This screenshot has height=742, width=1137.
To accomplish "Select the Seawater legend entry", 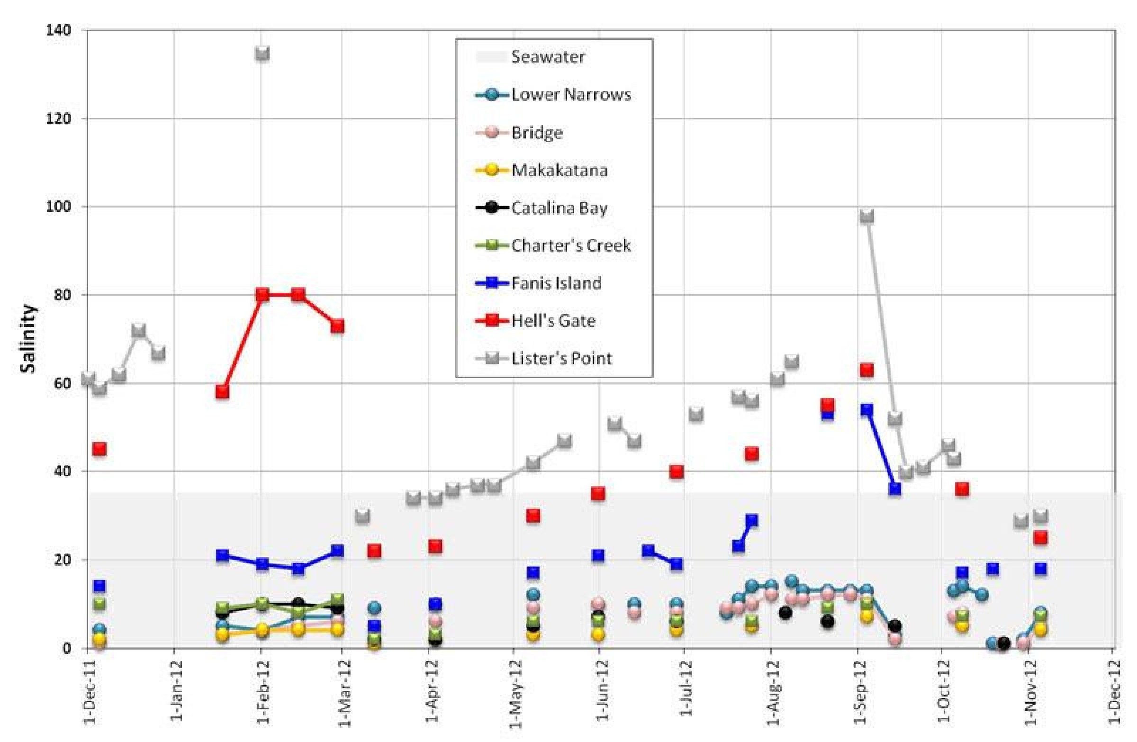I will pyautogui.click(x=548, y=57).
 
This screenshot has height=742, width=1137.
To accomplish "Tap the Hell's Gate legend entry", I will pyautogui.click(x=553, y=321).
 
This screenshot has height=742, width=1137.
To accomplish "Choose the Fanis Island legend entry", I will pyautogui.click(x=556, y=283).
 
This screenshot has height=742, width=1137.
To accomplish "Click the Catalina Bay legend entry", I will pyautogui.click(x=559, y=208).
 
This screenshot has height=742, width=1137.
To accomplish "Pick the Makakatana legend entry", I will pyautogui.click(x=559, y=170).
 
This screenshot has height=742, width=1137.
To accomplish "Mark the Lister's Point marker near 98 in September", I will pyautogui.click(x=866, y=216).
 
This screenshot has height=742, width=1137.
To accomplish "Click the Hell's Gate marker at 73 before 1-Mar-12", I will pyautogui.click(x=337, y=327).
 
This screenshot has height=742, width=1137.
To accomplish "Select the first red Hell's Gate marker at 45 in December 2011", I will pyautogui.click(x=99, y=449).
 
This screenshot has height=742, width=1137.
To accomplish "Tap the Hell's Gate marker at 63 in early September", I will pyautogui.click(x=866, y=370).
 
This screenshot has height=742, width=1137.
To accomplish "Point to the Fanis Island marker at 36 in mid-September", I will pyautogui.click(x=895, y=489).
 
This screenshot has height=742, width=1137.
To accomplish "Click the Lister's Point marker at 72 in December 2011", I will pyautogui.click(x=138, y=330).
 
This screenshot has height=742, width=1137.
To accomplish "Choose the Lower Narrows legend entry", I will pyautogui.click(x=570, y=95).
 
